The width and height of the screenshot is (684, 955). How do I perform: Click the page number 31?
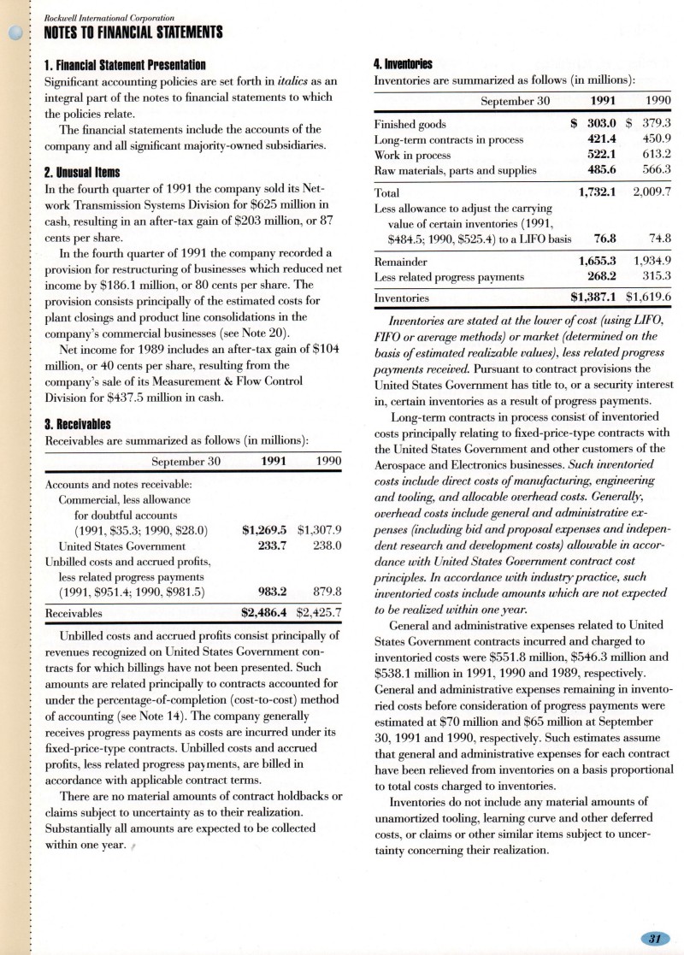pyautogui.click(x=655, y=939)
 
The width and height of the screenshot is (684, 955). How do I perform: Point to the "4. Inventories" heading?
pyautogui.click(x=404, y=63)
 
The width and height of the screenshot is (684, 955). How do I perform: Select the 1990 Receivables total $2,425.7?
pyautogui.click(x=318, y=612)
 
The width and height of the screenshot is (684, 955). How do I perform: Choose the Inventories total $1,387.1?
pyautogui.click(x=594, y=298)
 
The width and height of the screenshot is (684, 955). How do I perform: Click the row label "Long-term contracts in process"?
pyautogui.click(x=451, y=139)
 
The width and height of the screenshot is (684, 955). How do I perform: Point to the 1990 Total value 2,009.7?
pyautogui.click(x=651, y=192)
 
